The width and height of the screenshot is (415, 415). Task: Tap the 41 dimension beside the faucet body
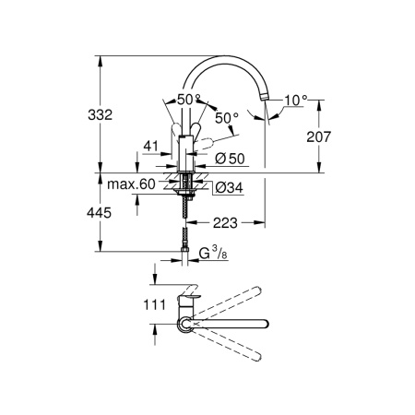[152, 145]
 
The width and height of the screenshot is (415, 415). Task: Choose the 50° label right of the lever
[227, 118]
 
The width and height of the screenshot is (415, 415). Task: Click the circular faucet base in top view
[186, 324]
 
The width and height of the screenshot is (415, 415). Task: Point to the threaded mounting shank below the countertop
[189, 203]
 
